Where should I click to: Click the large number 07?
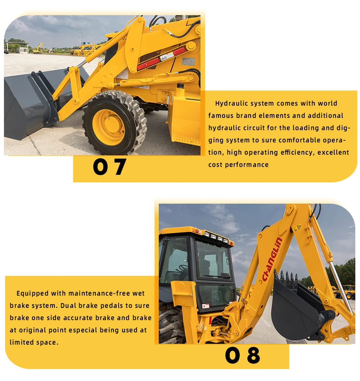click(x=109, y=167)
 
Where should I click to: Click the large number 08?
click(x=242, y=355)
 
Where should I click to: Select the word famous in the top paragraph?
click(x=221, y=116)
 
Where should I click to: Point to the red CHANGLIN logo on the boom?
click(x=272, y=259)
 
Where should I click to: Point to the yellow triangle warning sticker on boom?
click(x=297, y=228)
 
